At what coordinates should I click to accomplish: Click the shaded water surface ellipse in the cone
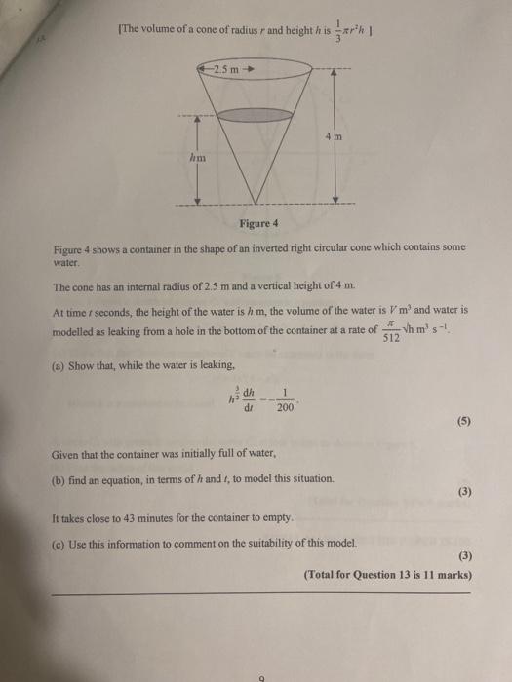click(x=257, y=113)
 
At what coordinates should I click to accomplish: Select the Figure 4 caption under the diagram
click(x=257, y=224)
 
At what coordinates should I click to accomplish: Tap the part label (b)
click(x=59, y=479)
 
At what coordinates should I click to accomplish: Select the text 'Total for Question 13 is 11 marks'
click(x=388, y=575)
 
